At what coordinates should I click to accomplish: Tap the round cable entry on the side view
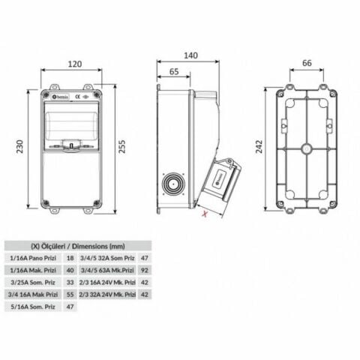click(x=174, y=184)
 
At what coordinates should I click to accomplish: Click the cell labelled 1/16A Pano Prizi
click(x=32, y=257)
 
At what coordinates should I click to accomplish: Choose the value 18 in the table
click(x=70, y=257)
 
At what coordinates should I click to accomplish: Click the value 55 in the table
click(x=70, y=295)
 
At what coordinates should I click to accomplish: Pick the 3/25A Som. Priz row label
click(x=32, y=283)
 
